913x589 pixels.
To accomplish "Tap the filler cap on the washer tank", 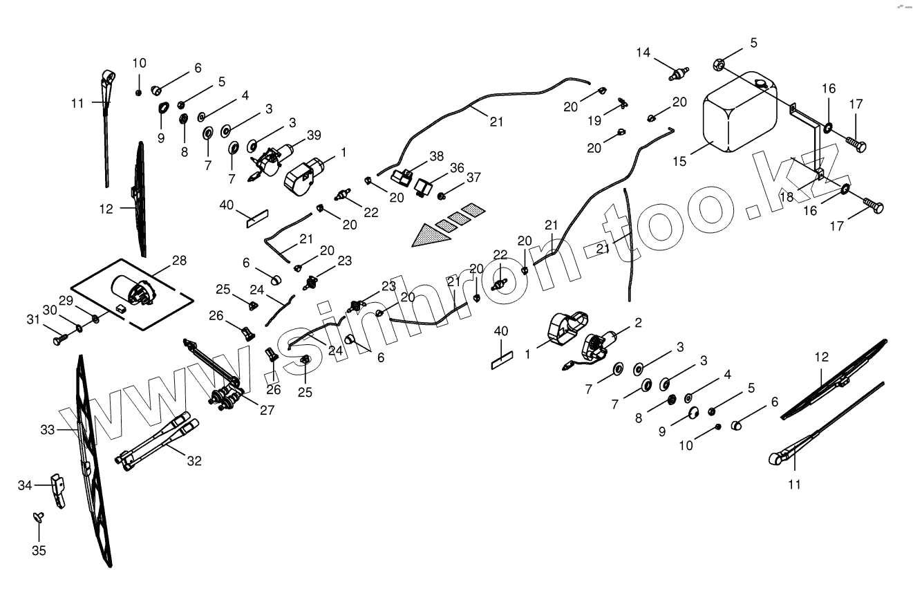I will coord(762,84).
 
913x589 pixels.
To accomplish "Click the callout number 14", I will coord(643,53).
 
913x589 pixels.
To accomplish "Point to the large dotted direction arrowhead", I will coord(429,236).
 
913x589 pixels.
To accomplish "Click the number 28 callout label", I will coord(180,261).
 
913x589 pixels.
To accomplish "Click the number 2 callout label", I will coord(638,322).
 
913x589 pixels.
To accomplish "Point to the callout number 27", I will coord(266,410).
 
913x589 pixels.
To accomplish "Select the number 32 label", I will coord(194,460).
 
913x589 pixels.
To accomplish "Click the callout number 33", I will coord(47,430).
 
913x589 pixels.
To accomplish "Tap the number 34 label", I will coord(26,486).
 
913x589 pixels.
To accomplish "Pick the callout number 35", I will coord(39,550).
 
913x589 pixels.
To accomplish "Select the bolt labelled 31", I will coord(58,340).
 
